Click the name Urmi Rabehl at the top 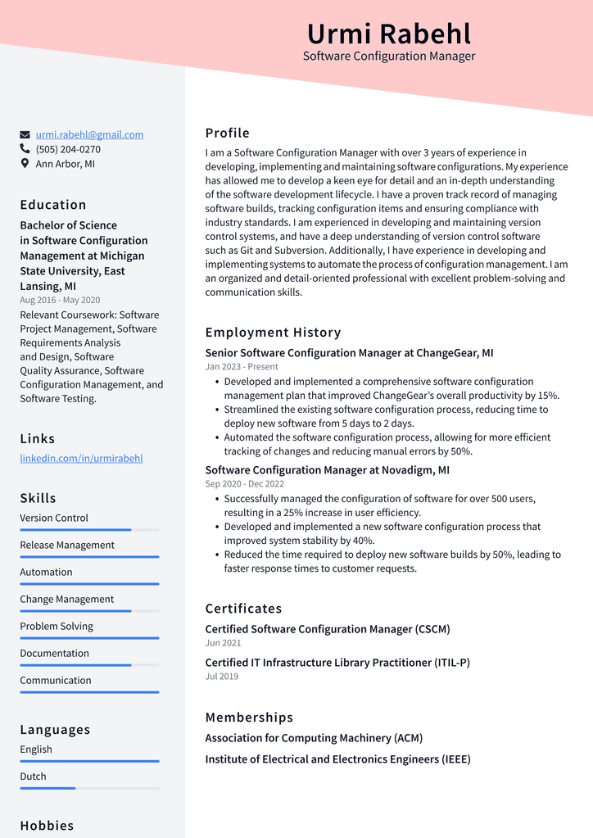pos(389,34)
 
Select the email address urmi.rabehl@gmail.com pos(89,135)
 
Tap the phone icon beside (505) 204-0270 pos(25,149)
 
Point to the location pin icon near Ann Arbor pos(25,164)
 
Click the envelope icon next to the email pos(25,135)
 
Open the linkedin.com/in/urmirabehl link pos(81,459)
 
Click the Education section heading pos(53,205)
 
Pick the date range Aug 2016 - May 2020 pos(60,301)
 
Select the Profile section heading pos(227,134)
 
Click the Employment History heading pos(273,333)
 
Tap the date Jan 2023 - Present pos(242,367)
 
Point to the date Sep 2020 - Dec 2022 pos(244,484)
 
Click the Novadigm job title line pos(327,470)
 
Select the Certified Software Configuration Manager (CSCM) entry pos(328,629)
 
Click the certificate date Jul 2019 pos(222,677)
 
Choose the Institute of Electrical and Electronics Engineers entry pos(337,759)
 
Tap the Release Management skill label pos(67,546)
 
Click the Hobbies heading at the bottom pos(47,826)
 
